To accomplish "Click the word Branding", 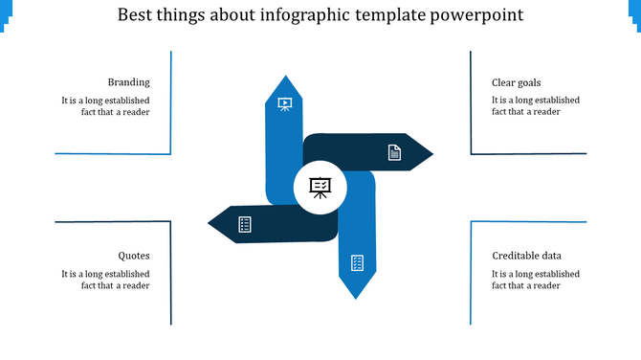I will (128, 82).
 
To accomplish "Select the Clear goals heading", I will (516, 82).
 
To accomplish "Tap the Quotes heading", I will (134, 256).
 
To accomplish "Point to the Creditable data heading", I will (526, 256).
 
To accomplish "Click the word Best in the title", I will (138, 16).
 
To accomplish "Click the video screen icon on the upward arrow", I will (284, 103).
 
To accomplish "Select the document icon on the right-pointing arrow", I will (393, 152).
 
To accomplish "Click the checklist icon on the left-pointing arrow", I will (245, 224).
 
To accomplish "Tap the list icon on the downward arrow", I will (357, 262).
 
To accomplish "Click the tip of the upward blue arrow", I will (284, 77).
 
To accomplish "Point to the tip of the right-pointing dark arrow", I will (431, 153).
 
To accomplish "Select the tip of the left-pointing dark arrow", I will (210, 224).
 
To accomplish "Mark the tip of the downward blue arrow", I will (356, 297).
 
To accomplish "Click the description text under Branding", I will (105, 106).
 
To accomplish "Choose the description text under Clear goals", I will (535, 106).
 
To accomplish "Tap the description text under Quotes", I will (105, 280).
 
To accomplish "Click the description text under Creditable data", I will (535, 280).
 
